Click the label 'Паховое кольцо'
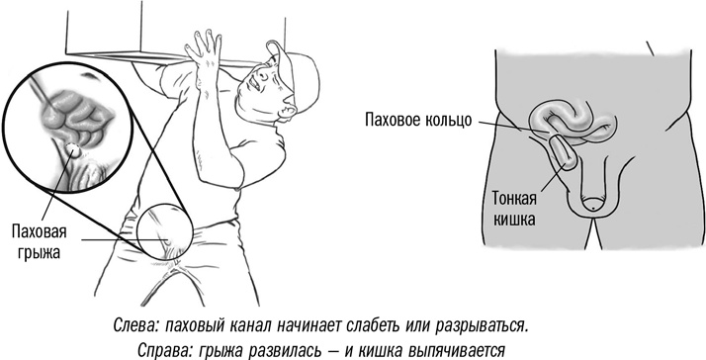(x=418, y=121)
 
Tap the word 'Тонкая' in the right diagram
(x=514, y=199)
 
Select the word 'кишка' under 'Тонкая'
(x=514, y=220)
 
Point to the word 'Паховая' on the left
(x=40, y=232)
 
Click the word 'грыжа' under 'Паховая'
(x=40, y=252)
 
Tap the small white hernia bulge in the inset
(x=73, y=149)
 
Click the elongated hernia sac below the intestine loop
(x=564, y=152)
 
